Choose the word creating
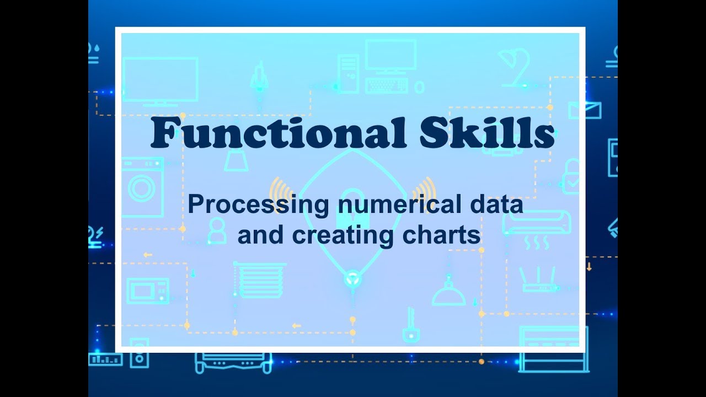[x=343, y=235]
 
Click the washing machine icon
[x=142, y=187]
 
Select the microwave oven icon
[x=147, y=291]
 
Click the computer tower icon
[x=348, y=73]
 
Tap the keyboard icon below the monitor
[x=387, y=86]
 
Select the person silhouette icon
[x=217, y=230]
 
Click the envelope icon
[x=585, y=110]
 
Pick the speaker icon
[x=139, y=353]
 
